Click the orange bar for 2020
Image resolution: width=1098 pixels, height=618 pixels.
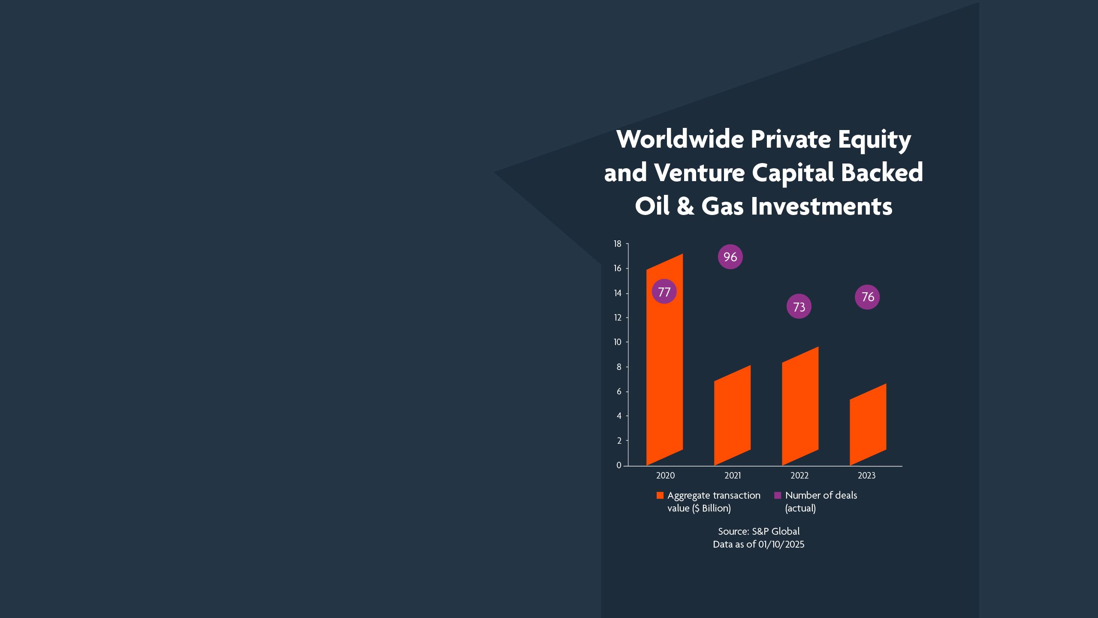664,369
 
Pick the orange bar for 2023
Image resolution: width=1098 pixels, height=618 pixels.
868,425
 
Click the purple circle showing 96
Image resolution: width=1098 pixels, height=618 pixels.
730,257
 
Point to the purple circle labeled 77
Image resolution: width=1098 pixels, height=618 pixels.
664,292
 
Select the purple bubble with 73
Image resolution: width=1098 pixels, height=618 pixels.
799,306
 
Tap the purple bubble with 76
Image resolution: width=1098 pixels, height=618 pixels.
867,297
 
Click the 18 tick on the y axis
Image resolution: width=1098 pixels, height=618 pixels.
618,244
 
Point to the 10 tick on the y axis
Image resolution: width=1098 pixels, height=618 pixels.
618,342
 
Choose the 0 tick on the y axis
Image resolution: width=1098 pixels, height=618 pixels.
619,465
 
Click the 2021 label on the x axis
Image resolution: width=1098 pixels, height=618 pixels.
733,476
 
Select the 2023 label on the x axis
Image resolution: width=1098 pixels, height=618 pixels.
866,476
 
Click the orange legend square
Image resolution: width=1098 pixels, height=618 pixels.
660,496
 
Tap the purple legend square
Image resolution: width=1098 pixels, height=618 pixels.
778,496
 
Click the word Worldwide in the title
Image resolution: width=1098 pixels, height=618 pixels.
680,139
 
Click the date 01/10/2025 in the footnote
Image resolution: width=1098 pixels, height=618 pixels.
781,545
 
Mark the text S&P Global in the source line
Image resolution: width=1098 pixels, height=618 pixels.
775,531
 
